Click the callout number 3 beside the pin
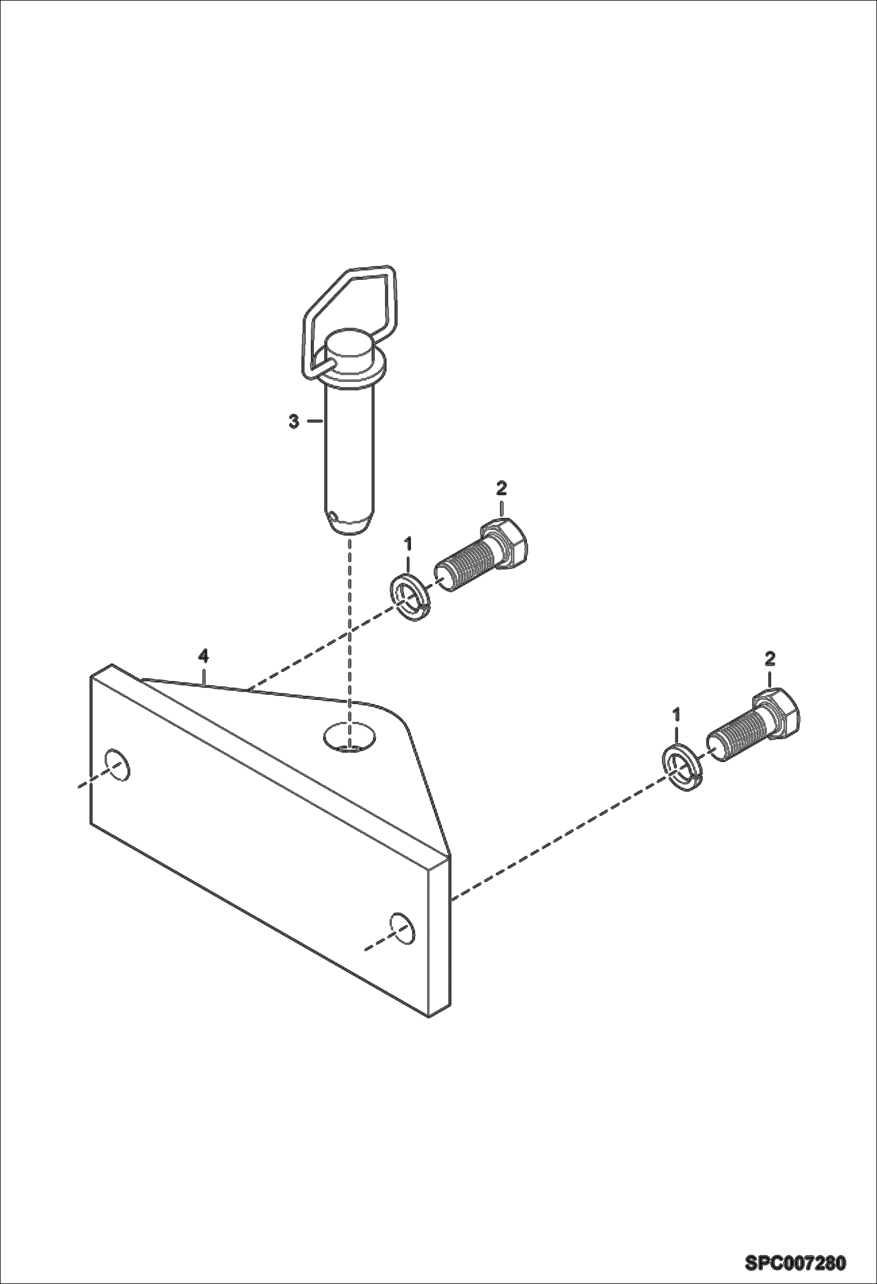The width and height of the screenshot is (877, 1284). (x=294, y=421)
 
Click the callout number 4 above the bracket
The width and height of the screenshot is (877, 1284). (x=203, y=657)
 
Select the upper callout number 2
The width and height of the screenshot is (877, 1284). (x=502, y=487)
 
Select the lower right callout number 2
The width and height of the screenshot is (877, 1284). (x=770, y=659)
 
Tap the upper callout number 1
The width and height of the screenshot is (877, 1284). (x=408, y=544)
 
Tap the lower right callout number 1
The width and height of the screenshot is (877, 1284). (x=677, y=715)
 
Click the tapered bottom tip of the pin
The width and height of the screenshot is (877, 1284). (x=350, y=523)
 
